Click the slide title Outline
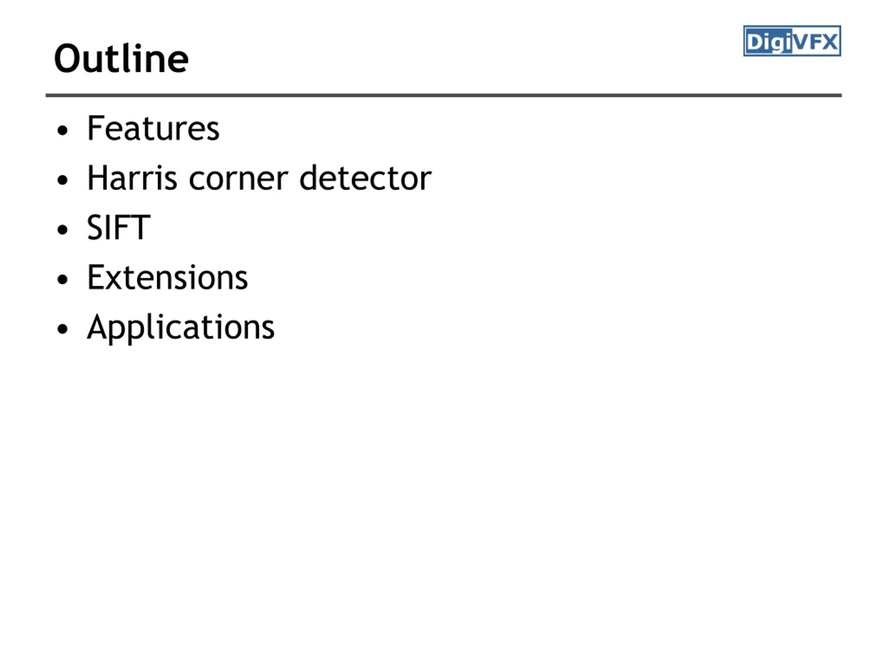pyautogui.click(x=121, y=59)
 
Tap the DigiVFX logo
pyautogui.click(x=792, y=41)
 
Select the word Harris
pyautogui.click(x=132, y=178)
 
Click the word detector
pyautogui.click(x=365, y=178)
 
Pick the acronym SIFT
pyautogui.click(x=119, y=227)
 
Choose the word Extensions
pyautogui.click(x=168, y=277)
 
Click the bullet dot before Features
pyautogui.click(x=63, y=131)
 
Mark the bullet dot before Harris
pyautogui.click(x=63, y=180)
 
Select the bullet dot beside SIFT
pyautogui.click(x=63, y=230)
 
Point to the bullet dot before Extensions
pyautogui.click(x=63, y=280)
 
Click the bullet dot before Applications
pyautogui.click(x=63, y=329)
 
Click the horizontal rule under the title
pyautogui.click(x=443, y=95)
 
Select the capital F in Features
pyautogui.click(x=96, y=128)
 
